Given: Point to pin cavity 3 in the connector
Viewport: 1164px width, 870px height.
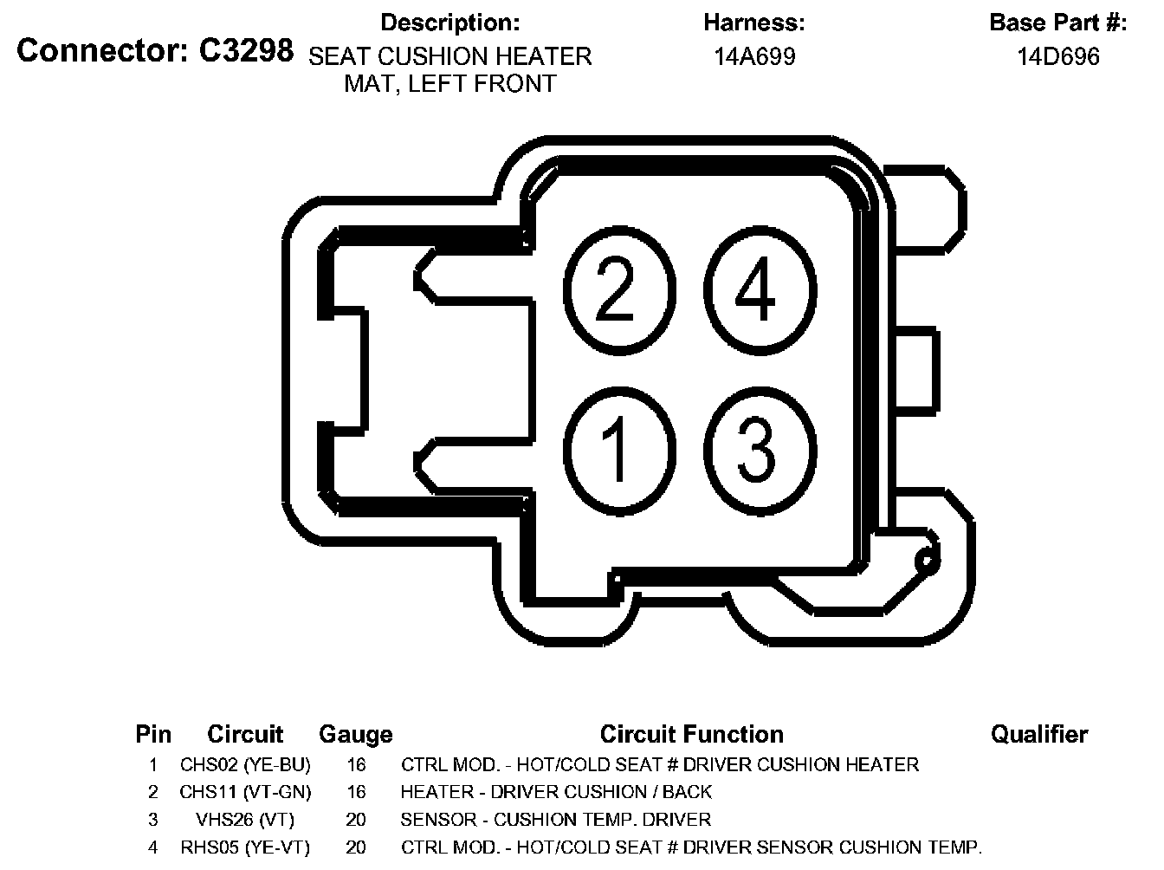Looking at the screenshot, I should [760, 449].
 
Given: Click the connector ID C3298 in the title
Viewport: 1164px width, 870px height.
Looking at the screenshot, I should [246, 51].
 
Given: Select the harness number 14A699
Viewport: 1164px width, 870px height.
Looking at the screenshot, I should [754, 57].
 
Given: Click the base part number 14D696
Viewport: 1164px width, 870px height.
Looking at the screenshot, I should [1057, 57].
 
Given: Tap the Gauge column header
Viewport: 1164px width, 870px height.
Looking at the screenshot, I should [355, 735].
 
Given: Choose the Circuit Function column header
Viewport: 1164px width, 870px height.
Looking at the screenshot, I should [691, 735].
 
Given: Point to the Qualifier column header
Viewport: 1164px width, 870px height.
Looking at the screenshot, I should [1038, 735].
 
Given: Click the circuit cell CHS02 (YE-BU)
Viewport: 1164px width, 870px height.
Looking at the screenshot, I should [245, 765].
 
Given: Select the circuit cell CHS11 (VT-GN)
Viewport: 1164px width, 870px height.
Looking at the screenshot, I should [245, 792].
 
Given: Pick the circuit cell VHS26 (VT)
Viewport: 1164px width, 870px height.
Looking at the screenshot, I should [245, 820].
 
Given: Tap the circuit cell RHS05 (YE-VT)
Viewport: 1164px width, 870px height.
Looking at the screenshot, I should [245, 847].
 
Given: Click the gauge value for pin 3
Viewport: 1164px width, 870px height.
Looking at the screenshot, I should [355, 820].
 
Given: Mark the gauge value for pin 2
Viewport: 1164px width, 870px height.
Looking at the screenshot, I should [355, 792].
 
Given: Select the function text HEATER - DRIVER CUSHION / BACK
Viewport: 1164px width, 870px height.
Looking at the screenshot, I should [556, 792].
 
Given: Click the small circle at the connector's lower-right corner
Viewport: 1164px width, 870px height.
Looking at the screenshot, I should [927, 562].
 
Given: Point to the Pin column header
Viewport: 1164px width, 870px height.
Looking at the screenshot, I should [153, 735].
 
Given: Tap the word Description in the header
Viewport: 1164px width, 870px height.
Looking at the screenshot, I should [450, 22].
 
